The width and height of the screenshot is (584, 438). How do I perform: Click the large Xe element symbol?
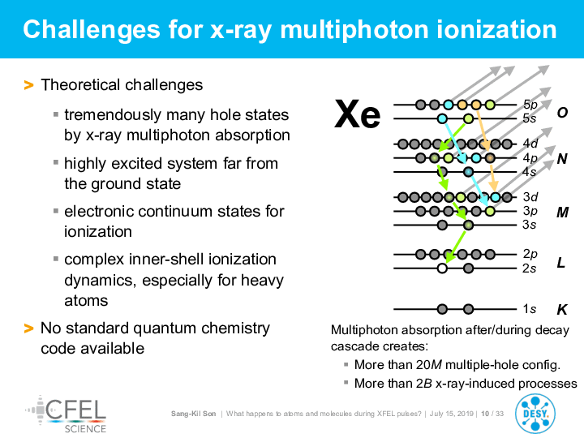click(357, 114)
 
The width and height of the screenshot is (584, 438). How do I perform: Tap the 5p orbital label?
click(530, 105)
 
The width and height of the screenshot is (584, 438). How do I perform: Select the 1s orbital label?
click(529, 309)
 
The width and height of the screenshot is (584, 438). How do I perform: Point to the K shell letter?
click(561, 310)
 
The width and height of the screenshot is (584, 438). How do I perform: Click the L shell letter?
click(561, 263)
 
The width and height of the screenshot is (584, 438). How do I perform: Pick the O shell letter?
click(562, 112)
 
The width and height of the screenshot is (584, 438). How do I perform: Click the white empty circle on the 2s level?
click(442, 268)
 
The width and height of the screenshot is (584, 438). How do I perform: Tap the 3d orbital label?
click(530, 196)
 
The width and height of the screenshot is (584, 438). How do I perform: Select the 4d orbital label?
click(530, 143)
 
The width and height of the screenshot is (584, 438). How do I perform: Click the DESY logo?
click(535, 414)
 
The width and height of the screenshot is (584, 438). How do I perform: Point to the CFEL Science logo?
click(66, 414)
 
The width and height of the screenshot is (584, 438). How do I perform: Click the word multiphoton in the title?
click(354, 30)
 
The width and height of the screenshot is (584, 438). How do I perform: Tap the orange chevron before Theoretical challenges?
click(28, 85)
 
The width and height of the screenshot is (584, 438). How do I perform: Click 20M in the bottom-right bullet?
click(429, 364)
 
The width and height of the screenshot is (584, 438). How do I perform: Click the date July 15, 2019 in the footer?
click(451, 414)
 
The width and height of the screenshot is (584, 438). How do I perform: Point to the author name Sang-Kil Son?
click(193, 414)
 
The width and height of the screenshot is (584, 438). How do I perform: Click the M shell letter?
click(562, 212)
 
